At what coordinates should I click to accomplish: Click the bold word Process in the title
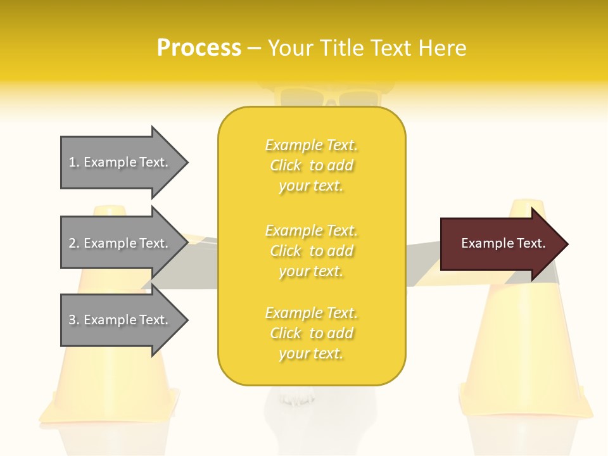(x=199, y=47)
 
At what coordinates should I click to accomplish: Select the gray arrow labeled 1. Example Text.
(x=120, y=162)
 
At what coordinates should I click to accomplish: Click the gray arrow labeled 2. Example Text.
(x=120, y=243)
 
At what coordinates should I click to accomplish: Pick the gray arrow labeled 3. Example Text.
(x=120, y=320)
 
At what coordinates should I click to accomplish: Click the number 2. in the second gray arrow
(x=74, y=243)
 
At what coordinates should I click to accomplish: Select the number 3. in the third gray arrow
(x=74, y=320)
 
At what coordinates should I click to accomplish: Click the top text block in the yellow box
(x=312, y=165)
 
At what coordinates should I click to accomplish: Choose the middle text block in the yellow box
(x=312, y=251)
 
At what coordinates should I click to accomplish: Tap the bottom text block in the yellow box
(x=312, y=333)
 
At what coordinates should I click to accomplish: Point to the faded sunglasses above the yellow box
(x=329, y=99)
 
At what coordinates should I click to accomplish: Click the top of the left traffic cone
(x=110, y=210)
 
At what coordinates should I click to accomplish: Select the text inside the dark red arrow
(x=503, y=243)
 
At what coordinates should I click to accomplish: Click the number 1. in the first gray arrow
(x=73, y=162)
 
